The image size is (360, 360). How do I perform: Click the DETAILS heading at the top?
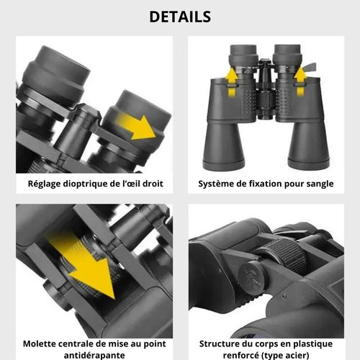coord(180,17)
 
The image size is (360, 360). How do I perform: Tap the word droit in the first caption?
coord(153,184)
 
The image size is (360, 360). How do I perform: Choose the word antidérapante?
coord(94,355)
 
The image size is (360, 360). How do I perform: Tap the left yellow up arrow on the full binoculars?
coord(231,82)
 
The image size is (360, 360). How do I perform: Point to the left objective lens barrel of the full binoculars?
coord(223,146)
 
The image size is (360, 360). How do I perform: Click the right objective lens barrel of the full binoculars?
coord(308,145)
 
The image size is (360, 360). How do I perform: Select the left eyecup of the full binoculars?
coord(243,55)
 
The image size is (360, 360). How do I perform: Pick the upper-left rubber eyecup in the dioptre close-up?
coord(55,74)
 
